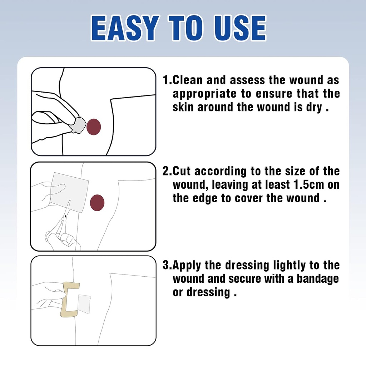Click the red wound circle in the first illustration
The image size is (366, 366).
point(94,127)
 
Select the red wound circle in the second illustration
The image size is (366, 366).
point(97,203)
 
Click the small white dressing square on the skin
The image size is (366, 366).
point(84,304)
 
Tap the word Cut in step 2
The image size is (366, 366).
point(182,171)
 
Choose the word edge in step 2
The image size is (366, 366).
point(205,198)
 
